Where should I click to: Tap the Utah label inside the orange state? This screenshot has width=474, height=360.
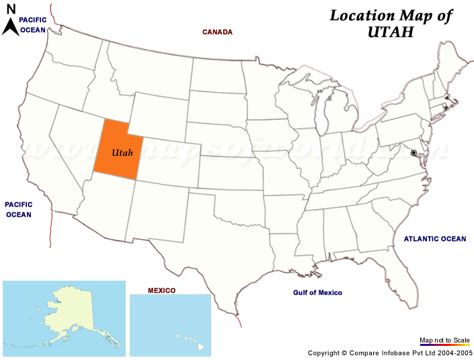[122, 153]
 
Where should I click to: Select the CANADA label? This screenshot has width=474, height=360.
[217, 32]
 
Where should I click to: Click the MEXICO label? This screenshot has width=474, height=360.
[161, 290]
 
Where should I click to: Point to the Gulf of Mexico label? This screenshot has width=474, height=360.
[317, 293]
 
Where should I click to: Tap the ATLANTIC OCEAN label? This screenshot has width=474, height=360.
[434, 238]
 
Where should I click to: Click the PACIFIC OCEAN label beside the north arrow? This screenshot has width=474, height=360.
[33, 25]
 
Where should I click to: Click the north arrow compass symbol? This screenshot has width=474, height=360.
[11, 23]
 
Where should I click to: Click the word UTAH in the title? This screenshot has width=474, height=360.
[391, 32]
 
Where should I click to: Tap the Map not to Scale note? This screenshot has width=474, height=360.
[444, 341]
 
